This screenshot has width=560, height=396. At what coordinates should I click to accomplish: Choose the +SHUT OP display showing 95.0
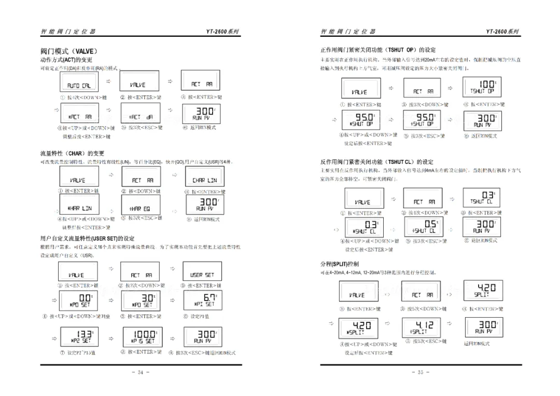(422, 121)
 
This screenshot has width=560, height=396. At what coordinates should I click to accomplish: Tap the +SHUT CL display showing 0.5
(423, 227)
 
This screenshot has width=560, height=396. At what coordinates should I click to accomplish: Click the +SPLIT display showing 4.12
(422, 328)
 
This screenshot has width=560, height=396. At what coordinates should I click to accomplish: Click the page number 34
(141, 372)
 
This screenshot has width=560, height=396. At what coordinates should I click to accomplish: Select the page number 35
(421, 372)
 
